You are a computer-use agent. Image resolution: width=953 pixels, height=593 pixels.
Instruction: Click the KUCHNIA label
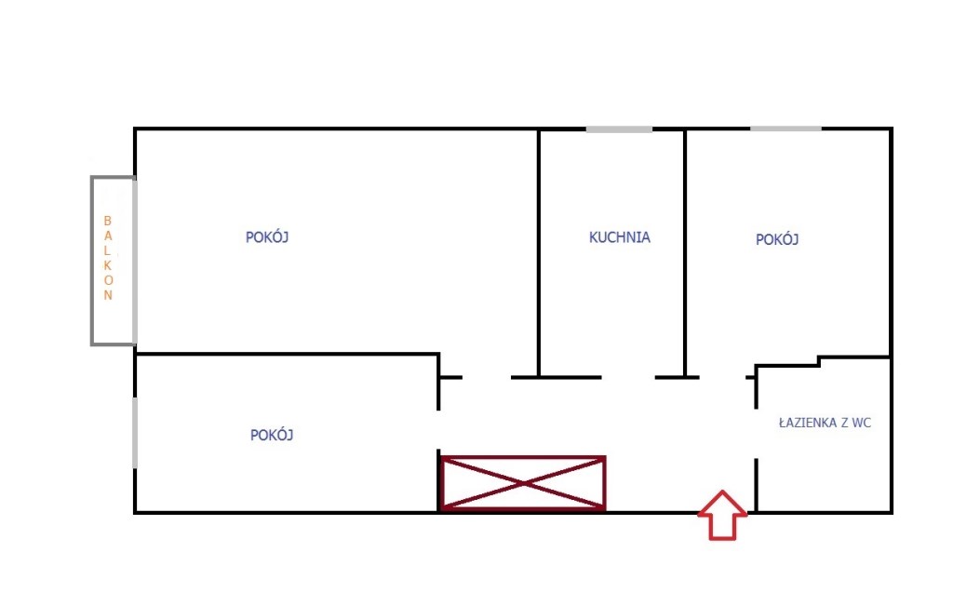(x=619, y=237)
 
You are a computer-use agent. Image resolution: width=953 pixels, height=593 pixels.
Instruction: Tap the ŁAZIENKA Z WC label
(x=825, y=423)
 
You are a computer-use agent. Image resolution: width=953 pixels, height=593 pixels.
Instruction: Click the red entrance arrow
(x=722, y=515)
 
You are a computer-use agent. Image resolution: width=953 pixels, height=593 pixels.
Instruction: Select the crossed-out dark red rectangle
(x=523, y=483)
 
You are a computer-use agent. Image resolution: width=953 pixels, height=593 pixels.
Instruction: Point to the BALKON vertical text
(x=108, y=258)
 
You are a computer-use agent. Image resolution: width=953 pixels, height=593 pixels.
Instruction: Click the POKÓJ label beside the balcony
(x=267, y=237)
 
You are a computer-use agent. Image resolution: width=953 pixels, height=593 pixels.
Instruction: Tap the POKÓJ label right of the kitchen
(x=777, y=239)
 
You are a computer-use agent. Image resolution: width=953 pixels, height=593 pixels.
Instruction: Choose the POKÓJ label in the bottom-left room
(x=272, y=436)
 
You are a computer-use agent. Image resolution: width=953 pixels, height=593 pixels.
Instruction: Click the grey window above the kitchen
(x=619, y=129)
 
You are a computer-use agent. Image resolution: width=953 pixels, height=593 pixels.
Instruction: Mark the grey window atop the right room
(x=785, y=128)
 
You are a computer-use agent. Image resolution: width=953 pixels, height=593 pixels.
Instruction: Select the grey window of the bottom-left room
(x=135, y=433)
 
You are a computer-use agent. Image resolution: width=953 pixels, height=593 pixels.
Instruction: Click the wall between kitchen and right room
(x=685, y=253)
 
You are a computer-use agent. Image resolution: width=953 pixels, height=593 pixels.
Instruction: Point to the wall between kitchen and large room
(x=539, y=253)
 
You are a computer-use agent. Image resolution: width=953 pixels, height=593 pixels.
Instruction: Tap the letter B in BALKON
(x=108, y=221)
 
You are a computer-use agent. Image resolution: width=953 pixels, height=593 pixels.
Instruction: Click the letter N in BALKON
(x=108, y=295)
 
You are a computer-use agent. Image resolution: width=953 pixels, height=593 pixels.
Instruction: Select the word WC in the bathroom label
(x=861, y=423)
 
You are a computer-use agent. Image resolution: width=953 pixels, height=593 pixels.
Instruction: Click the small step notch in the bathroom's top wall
(x=819, y=361)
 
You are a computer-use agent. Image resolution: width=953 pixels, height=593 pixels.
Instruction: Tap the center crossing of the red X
(x=524, y=483)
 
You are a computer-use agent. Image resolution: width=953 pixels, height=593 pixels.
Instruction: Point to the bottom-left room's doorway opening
(x=438, y=430)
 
